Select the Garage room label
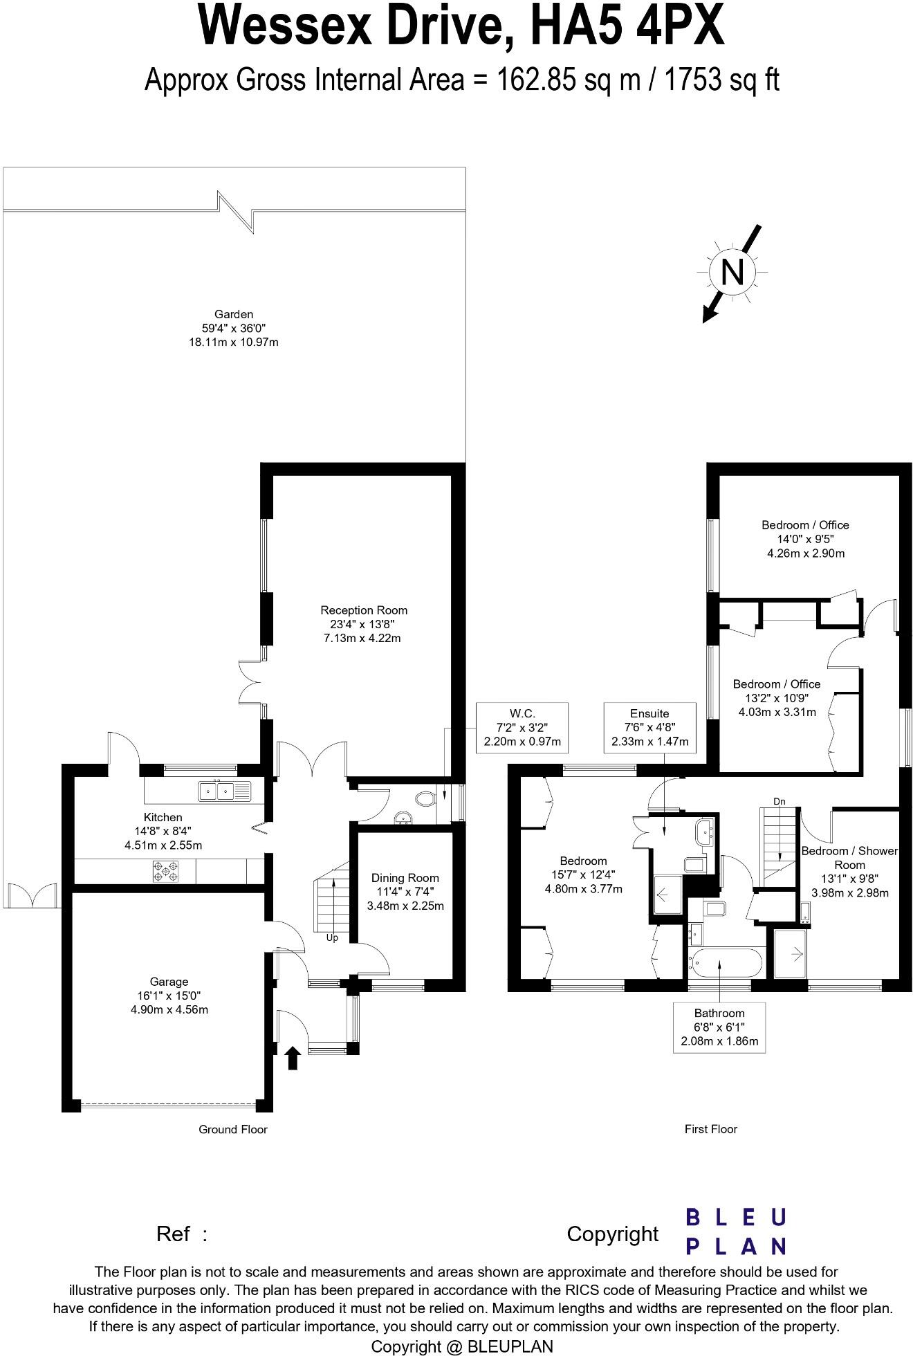(x=169, y=995)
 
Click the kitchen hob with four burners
(x=165, y=870)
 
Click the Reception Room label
(x=363, y=623)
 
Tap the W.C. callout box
(x=522, y=727)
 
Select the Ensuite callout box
(x=649, y=727)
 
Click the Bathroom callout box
(x=719, y=1027)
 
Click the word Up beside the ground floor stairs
(x=332, y=938)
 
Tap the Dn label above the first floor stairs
(x=780, y=801)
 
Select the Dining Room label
(x=405, y=891)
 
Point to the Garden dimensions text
(x=233, y=335)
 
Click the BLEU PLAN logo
(x=735, y=1231)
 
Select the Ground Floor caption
(x=232, y=1129)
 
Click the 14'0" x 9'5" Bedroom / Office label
(x=805, y=538)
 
